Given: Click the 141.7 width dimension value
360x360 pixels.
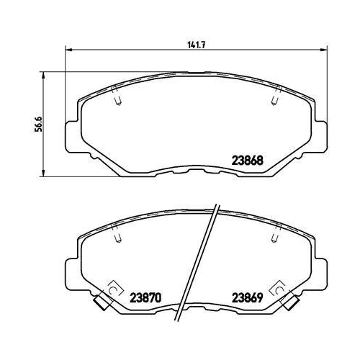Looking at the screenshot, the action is pos(196,45).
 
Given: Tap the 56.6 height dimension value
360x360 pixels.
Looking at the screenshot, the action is pos(38,124).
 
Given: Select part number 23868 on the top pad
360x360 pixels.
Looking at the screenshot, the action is pos(247,161).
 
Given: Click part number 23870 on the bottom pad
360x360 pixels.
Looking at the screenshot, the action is pos(145,298).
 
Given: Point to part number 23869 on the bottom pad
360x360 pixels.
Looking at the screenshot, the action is pos(247,298).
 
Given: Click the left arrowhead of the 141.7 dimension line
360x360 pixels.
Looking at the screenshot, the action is pos(68,50).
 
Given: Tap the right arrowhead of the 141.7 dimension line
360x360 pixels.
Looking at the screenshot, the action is pos(324,50).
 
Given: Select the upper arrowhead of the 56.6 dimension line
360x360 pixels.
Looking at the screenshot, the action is pos(43,75).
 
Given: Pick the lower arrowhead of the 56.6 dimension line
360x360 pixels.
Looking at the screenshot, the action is pos(43,174).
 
